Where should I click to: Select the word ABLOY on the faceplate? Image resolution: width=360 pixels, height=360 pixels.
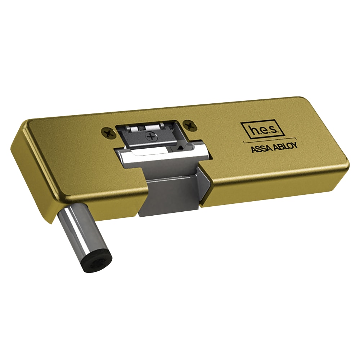(x=285, y=146)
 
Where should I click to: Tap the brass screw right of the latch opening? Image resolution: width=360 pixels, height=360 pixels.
(x=190, y=125)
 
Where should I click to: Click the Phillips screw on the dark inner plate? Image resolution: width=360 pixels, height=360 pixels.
(x=151, y=137)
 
